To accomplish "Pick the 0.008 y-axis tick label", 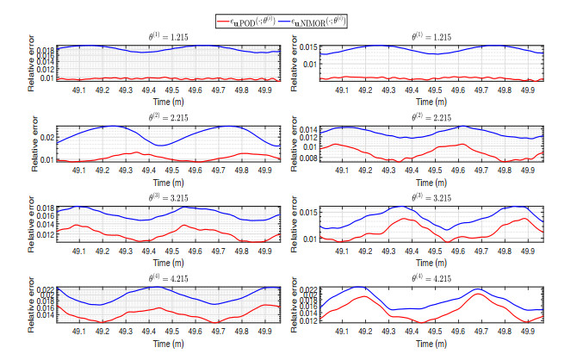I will [x=307, y=158].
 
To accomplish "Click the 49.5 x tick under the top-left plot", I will [x=172, y=89].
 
